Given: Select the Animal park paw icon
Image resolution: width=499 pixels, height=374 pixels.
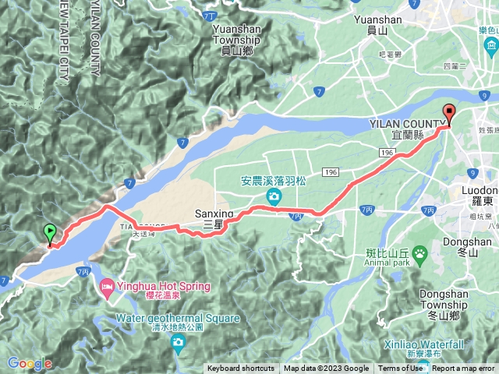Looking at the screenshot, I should tap(419, 252).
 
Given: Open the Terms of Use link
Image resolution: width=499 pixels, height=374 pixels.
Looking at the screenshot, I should tap(401, 369).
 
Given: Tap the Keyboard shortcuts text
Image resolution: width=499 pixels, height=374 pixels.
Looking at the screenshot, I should tap(241, 369).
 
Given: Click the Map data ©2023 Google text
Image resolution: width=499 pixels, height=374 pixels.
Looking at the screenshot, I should tap(326, 369).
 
